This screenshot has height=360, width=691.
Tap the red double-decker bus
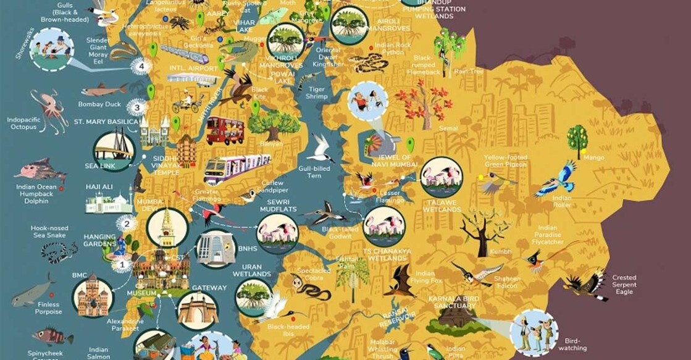(225, 130)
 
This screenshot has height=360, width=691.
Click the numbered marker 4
(142, 66)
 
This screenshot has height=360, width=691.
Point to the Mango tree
(578, 138)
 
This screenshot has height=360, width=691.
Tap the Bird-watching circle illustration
(535, 333)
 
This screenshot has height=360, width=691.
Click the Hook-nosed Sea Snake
(59, 251)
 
